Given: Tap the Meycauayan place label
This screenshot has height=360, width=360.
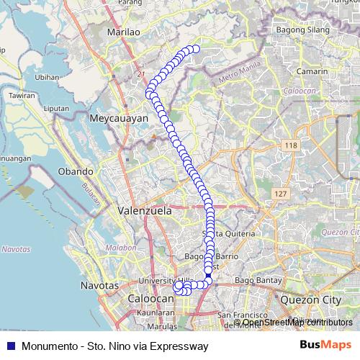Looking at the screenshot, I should pos(116,116).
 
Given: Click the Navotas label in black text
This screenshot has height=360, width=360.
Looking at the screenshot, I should pos(100,285).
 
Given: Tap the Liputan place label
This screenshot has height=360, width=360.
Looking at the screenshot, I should pos(56,109).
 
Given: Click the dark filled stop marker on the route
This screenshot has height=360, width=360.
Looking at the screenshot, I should pos(208,275).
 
